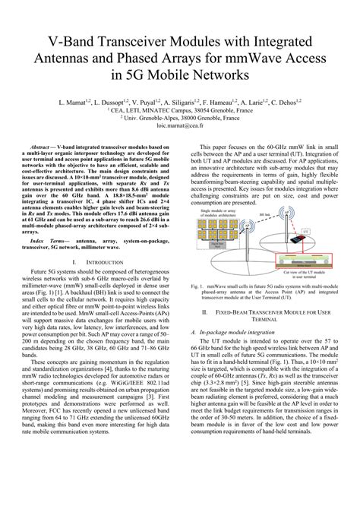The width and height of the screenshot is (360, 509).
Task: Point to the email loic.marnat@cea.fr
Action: click(x=180, y=129)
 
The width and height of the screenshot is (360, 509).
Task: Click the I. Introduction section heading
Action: click(x=99, y=262)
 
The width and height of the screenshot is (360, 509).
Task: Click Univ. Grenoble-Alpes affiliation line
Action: click(x=180, y=119)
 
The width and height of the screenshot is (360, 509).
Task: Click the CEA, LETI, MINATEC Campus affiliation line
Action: click(x=180, y=109)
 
